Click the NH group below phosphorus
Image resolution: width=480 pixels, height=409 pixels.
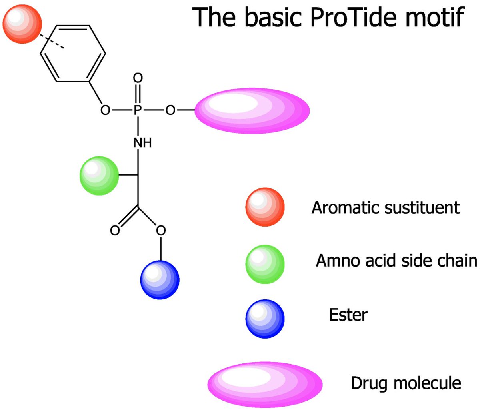142,142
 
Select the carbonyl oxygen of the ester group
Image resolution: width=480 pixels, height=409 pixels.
115,231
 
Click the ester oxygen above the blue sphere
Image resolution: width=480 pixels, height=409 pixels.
161,231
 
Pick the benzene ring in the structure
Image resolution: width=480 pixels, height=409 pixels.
73,54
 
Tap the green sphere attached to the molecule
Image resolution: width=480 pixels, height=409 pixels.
99,176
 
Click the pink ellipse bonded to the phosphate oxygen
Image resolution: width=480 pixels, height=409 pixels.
252,111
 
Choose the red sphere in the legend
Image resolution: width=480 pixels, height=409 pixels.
265,207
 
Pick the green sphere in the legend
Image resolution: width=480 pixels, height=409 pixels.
265,264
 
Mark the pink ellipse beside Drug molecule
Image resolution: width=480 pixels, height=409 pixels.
265,383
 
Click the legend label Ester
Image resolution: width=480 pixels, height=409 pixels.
348,315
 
